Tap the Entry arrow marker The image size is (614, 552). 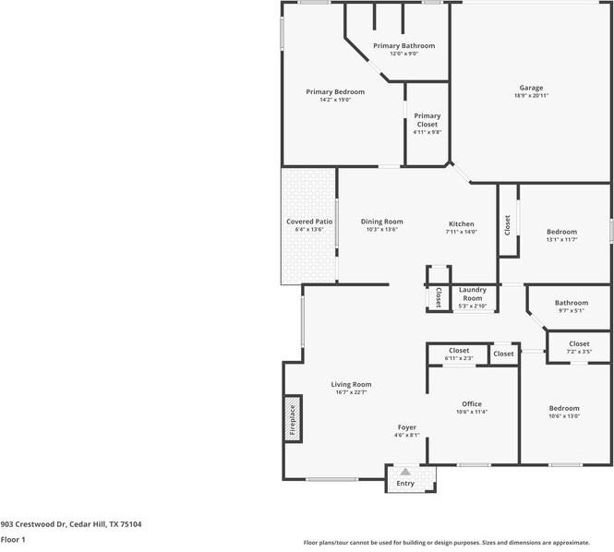404,472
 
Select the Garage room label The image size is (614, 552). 530,88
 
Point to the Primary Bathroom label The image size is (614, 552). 403,45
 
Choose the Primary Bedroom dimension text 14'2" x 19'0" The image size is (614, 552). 335,100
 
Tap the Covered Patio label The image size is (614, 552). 309,222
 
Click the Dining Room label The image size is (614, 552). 381,222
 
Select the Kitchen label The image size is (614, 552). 461,224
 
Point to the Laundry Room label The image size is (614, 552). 472,294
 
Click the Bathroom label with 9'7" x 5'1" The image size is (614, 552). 571,303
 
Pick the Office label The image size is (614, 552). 472,403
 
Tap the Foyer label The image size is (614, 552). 407,427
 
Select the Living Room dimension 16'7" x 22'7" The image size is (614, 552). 351,392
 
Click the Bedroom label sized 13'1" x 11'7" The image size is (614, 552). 561,232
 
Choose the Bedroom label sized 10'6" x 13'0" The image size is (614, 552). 564,408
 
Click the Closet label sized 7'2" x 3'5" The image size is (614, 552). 579,343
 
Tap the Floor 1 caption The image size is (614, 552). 13,538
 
